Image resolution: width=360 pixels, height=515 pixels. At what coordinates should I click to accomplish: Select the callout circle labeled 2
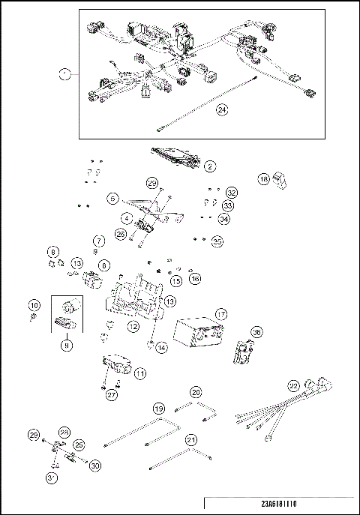coord(210,166)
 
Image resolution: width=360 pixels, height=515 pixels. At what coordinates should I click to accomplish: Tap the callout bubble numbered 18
coord(263,180)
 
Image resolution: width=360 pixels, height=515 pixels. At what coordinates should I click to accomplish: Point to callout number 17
coord(221,313)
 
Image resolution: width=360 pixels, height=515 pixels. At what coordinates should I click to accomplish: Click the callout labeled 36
coord(256,331)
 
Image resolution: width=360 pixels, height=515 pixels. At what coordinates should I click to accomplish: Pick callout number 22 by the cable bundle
coord(294,385)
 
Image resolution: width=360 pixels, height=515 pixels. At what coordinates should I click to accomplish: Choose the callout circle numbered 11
coord(140,373)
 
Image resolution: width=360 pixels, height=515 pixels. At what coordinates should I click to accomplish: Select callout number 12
coord(132,327)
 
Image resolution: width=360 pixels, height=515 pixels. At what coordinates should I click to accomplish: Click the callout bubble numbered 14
coord(163,347)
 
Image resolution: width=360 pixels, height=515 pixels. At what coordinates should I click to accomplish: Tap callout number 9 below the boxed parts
coord(67,347)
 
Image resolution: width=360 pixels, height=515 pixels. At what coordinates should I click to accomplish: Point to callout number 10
coord(33,306)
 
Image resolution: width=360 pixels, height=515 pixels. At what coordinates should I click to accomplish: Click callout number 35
coord(217,241)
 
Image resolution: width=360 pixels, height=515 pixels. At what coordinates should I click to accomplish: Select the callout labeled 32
coord(231,193)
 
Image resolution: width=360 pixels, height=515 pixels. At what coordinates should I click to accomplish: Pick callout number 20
coord(196,392)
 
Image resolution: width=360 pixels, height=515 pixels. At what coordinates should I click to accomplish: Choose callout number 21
coord(190,439)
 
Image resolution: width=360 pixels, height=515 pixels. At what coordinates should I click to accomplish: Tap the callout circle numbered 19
coord(158,409)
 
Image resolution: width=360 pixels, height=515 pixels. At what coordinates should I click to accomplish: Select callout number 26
coord(121,233)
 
